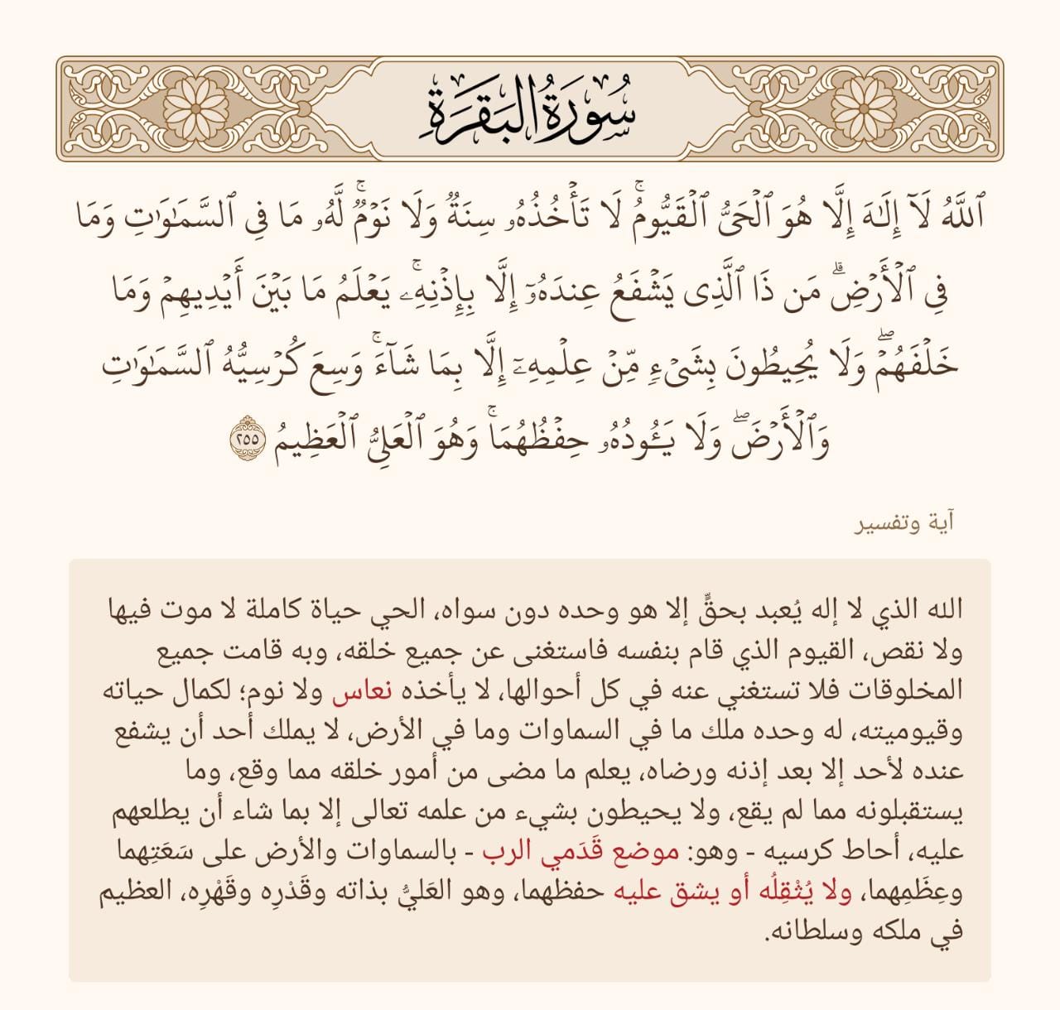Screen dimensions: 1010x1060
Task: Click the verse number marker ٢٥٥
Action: (x=247, y=437)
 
